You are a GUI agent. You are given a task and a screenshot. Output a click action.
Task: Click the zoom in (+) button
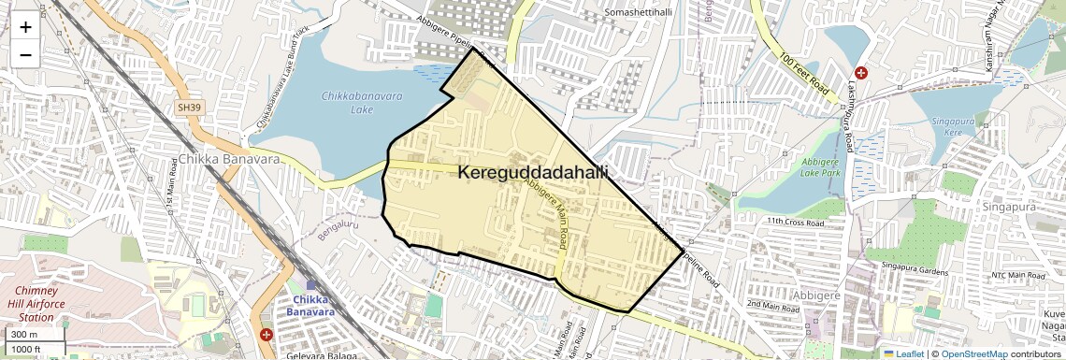(x=25, y=27)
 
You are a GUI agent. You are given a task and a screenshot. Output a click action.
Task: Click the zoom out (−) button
(x=25, y=55)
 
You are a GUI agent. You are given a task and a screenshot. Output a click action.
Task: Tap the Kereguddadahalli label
(x=533, y=173)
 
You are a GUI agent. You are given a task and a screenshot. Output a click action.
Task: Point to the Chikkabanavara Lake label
(x=348, y=103)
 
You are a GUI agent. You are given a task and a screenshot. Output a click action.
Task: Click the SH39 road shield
(x=189, y=108)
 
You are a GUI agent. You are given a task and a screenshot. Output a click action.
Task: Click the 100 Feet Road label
(x=804, y=72)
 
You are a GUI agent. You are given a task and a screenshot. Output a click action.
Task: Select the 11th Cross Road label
(x=795, y=223)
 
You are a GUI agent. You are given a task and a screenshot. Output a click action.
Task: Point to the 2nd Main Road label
(x=775, y=305)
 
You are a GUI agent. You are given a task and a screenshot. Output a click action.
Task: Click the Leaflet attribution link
(x=903, y=353)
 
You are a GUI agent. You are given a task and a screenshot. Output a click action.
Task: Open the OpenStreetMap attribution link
(x=974, y=353)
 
